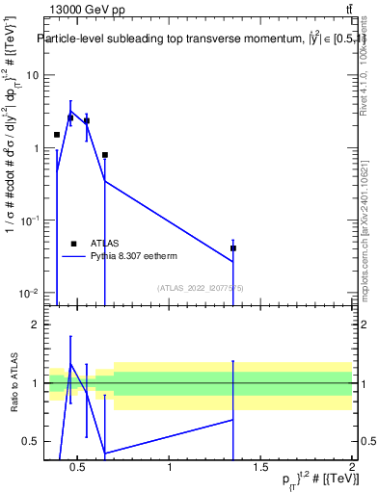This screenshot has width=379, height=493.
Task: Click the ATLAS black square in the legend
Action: click(73, 244)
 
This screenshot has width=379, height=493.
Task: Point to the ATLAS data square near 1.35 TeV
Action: click(233, 248)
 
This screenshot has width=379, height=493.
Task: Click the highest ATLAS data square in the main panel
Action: click(70, 117)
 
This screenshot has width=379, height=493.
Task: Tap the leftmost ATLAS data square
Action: click(57, 135)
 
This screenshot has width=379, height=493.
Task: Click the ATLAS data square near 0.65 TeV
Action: click(105, 155)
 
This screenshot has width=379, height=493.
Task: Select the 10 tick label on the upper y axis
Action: click(32, 75)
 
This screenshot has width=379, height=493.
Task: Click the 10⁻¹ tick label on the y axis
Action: click(28, 221)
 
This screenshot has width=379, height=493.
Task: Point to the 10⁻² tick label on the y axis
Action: click(28, 293)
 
